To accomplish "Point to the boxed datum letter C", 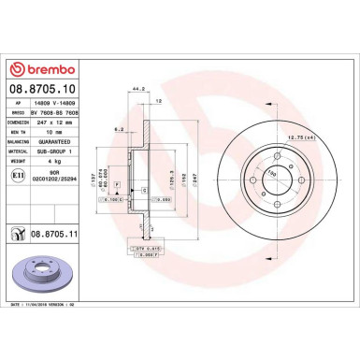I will point(147,188).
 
